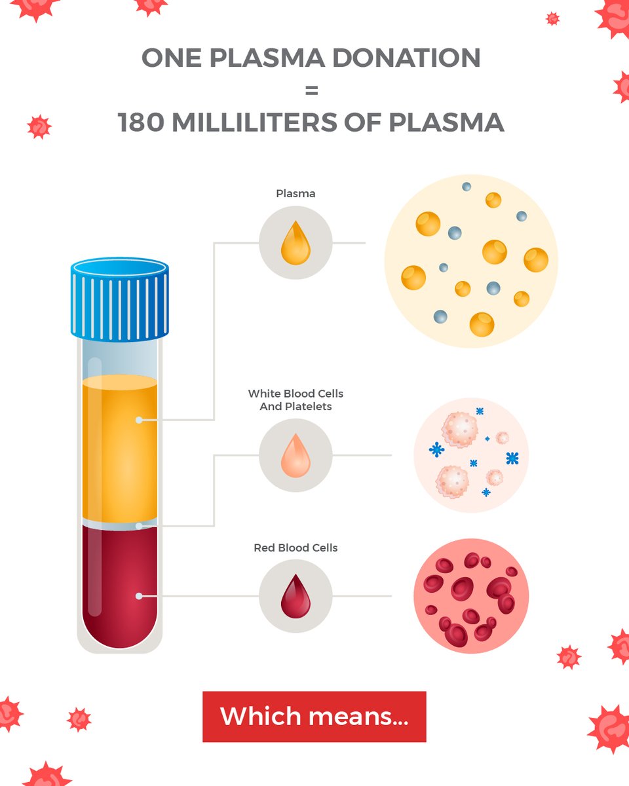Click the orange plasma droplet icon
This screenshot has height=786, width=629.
point(295,243)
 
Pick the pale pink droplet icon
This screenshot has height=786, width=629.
point(295,455)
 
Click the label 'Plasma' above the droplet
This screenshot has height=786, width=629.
point(295,194)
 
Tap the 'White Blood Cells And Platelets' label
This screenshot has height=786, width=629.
point(295,400)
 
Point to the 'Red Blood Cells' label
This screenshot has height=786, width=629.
point(295,548)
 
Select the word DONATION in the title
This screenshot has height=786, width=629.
point(406,58)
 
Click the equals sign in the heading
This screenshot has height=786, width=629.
point(311,90)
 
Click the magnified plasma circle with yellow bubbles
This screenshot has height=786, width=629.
point(470,261)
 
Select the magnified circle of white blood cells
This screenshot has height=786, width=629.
point(470,455)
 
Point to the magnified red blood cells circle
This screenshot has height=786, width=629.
point(470,596)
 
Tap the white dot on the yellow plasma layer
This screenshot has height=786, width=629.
point(139,420)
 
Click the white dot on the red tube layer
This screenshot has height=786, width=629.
point(139,596)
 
